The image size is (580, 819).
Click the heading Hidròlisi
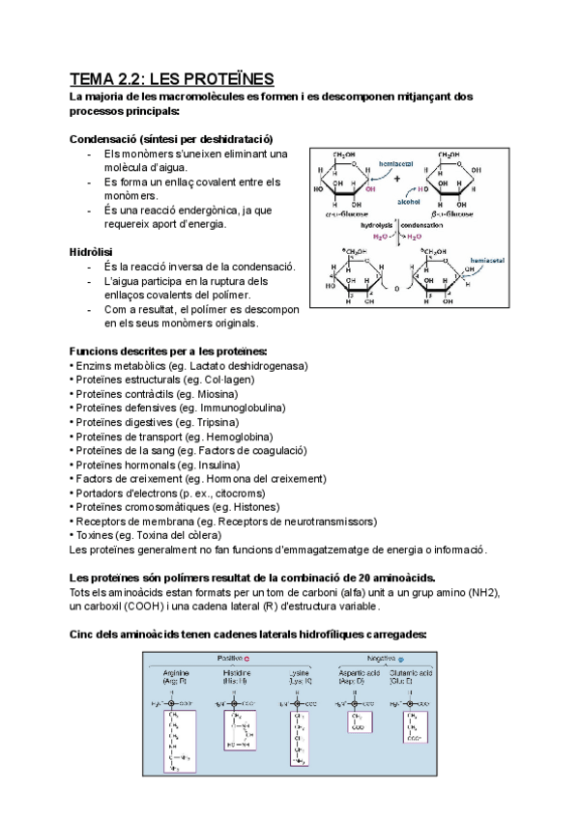93,251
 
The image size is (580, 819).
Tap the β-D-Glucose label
455,214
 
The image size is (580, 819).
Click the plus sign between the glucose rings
397,178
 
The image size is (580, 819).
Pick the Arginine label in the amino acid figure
177,672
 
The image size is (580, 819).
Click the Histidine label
237,672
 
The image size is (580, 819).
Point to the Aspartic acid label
357,672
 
